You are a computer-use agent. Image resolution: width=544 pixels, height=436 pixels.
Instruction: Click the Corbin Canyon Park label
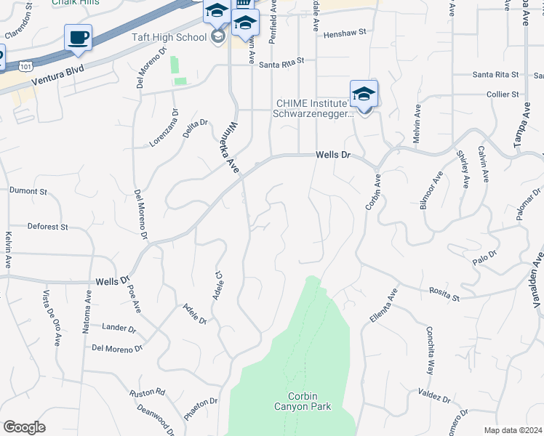[x=303, y=401]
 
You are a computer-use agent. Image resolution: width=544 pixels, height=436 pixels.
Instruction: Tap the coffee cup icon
[x=78, y=37]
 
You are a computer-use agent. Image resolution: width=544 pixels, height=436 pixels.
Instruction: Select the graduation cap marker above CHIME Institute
[x=364, y=94]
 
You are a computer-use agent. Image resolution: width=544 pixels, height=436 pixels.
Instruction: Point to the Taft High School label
[x=170, y=36]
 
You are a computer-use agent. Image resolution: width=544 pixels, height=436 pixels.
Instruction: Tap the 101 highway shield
[x=26, y=66]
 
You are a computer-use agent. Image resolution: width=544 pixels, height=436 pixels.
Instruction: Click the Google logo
[x=24, y=427]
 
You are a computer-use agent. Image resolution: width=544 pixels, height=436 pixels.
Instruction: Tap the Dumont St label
[x=28, y=191]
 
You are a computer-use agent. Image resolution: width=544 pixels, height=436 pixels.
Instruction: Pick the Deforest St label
[x=47, y=227]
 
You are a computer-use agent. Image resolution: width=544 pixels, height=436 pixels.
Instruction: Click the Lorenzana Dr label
[x=164, y=129]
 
